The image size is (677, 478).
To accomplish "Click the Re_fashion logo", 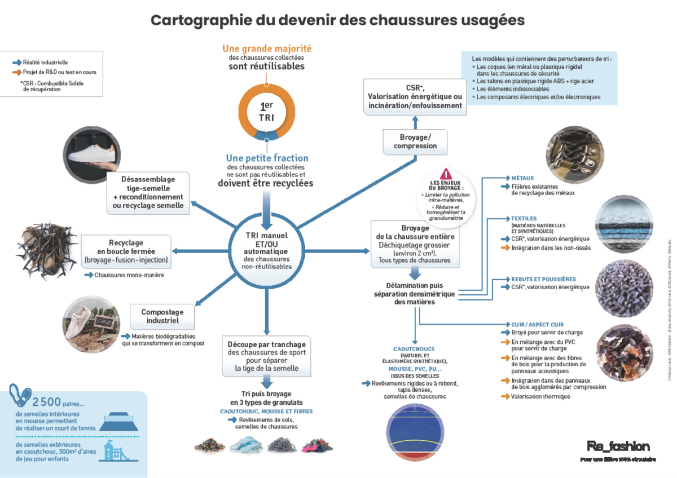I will (x=618, y=446).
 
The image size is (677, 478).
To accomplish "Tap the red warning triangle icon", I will (x=446, y=174).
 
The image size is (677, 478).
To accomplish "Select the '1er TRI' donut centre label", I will (x=267, y=112).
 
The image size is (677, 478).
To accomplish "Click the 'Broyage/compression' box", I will (x=415, y=142).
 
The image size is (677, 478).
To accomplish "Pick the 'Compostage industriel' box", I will (x=162, y=316).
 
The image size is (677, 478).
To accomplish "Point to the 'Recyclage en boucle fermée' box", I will (x=126, y=251).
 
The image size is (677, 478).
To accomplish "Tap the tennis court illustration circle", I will (x=415, y=432).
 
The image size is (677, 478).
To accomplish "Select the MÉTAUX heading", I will (x=523, y=178).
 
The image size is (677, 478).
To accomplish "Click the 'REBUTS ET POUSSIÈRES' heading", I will (x=543, y=279).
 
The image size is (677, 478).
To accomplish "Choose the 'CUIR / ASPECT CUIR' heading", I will (x=537, y=324).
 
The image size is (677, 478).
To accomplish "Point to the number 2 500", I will (x=47, y=402).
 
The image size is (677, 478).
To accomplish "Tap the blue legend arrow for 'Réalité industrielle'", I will (x=17, y=63).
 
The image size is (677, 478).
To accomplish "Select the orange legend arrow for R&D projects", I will (x=17, y=72).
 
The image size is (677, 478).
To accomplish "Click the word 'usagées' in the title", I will (x=493, y=20).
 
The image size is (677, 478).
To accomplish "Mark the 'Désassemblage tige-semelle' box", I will (x=148, y=193).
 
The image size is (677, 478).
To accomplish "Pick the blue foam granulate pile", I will (x=246, y=445).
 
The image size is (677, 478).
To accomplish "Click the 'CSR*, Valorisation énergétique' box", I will (x=415, y=97).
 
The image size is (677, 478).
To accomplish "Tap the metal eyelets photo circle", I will (x=574, y=155).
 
